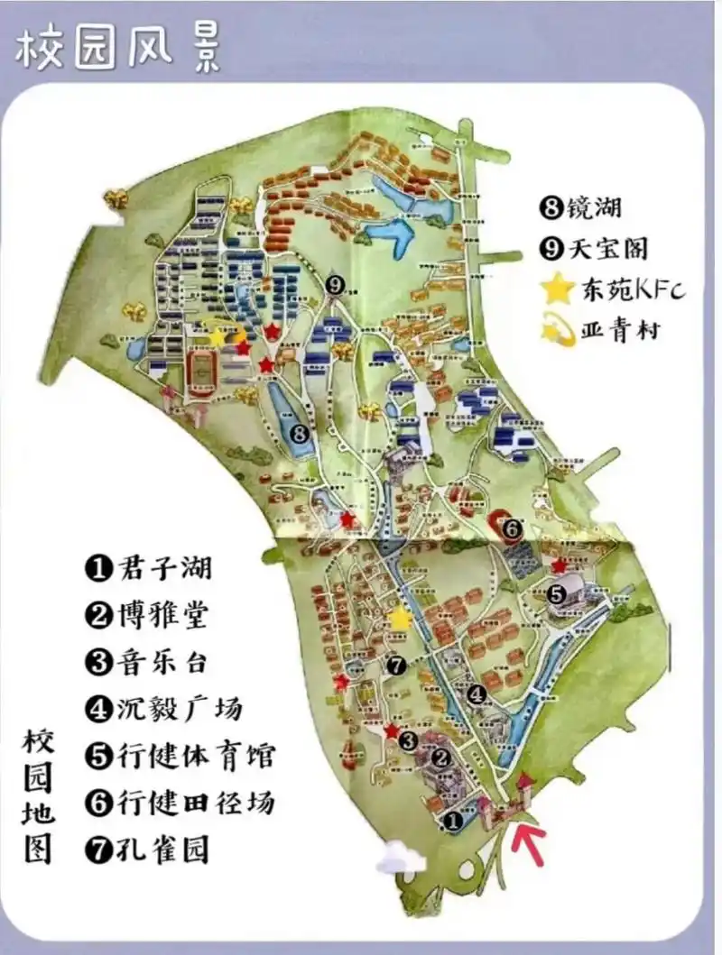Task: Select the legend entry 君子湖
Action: click(x=150, y=568)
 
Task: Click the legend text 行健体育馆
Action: click(x=180, y=756)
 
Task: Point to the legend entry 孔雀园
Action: click(x=149, y=849)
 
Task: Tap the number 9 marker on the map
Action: click(x=336, y=285)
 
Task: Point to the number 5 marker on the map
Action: click(x=557, y=594)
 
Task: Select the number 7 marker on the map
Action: click(x=394, y=666)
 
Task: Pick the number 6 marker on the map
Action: click(x=511, y=528)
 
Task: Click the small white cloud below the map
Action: click(x=401, y=857)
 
